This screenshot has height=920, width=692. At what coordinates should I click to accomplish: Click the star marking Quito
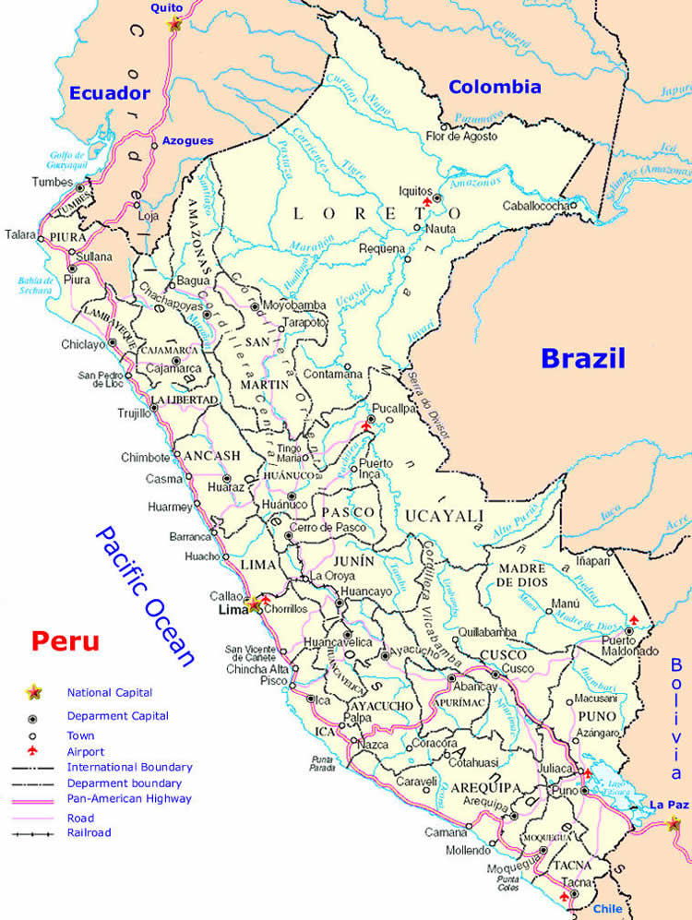click(x=174, y=24)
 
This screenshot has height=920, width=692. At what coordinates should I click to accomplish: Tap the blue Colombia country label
click(x=495, y=88)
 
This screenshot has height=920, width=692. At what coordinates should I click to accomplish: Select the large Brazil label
click(x=583, y=358)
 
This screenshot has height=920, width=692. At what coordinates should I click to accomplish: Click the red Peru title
click(x=65, y=640)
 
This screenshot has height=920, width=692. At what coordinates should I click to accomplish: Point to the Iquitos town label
click(x=414, y=190)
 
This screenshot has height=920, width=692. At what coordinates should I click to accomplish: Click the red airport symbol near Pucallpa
click(x=368, y=426)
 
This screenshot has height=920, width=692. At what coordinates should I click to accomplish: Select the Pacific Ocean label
click(x=147, y=595)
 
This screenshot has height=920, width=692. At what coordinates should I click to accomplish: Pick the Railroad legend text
click(x=89, y=832)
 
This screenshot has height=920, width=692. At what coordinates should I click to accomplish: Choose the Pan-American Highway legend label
click(x=129, y=798)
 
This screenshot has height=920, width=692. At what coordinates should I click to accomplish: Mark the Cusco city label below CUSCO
click(x=519, y=668)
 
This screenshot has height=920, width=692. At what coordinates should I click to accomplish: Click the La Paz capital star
click(x=676, y=823)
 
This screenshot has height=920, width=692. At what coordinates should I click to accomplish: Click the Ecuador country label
click(x=109, y=92)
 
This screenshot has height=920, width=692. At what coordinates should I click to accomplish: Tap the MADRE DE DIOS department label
click(x=523, y=576)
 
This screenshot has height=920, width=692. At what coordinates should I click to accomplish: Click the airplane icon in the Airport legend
click(x=33, y=751)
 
